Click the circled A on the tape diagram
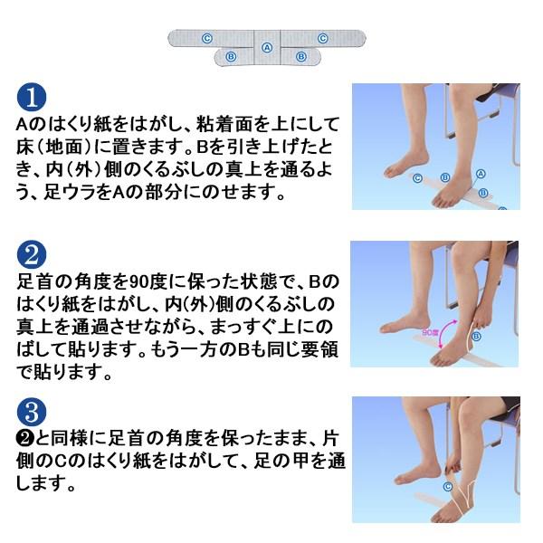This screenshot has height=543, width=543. tap(267, 47)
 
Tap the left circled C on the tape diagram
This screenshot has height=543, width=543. tap(207, 38)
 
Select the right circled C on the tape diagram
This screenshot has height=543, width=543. tap(323, 38)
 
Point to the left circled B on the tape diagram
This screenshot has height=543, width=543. tap(231, 56)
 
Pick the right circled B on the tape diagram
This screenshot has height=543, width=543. tap(301, 56)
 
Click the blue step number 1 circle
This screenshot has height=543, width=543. tap(32, 98)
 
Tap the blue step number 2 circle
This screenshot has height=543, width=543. tap(32, 255)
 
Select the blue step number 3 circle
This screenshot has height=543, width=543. tap(32, 412)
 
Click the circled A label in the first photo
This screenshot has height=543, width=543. tap(481, 174)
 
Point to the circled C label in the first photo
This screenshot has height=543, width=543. tap(417, 178)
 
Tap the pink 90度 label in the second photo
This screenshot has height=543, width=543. tap(431, 332)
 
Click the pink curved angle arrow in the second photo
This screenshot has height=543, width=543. tap(444, 332)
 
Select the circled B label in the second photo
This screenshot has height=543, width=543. tap(477, 336)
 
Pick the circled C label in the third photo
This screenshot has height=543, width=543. tap(448, 487)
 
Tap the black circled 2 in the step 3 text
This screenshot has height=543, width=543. tap(25, 439)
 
